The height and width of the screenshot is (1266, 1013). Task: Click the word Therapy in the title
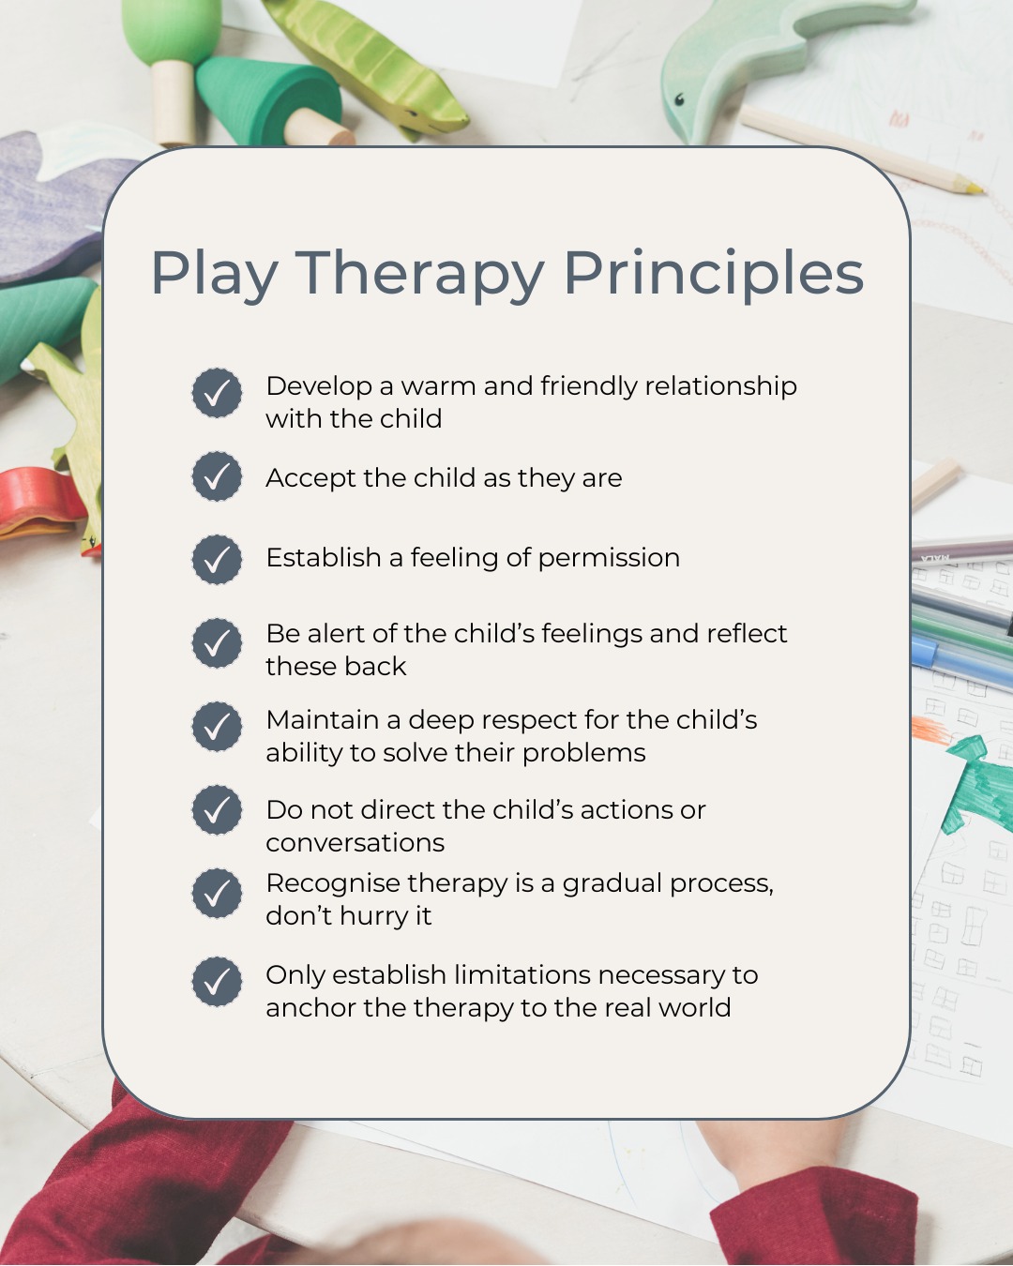(419, 274)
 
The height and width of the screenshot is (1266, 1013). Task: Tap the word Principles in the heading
(713, 274)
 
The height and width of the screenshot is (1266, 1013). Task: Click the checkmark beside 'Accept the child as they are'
(217, 476)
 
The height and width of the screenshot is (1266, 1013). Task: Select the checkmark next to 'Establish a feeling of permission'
(217, 559)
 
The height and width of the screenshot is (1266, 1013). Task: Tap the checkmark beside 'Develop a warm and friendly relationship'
(217, 393)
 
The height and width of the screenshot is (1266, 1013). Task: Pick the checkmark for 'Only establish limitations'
(217, 982)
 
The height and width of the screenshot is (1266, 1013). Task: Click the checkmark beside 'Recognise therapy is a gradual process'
(217, 894)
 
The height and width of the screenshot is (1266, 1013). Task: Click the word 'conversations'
(355, 842)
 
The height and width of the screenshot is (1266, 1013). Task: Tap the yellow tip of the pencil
(975, 188)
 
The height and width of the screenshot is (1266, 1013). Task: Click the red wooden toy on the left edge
(38, 502)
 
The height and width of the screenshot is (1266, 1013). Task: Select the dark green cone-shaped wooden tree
(267, 98)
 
